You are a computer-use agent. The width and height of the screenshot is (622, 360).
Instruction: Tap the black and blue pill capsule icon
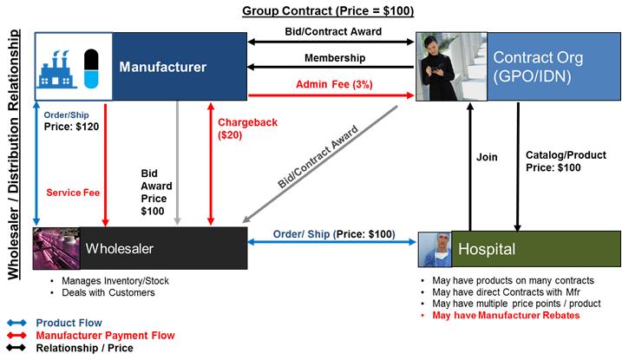point(91,69)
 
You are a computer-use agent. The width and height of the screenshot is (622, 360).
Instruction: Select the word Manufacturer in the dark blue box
point(162,67)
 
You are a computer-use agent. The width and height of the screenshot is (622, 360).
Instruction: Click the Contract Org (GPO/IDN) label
point(538,66)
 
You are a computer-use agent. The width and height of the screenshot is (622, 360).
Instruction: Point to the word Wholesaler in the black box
point(120,249)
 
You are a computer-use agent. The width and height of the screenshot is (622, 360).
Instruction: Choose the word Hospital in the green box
point(487,249)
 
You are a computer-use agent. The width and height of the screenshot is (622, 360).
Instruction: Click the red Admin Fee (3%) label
point(334,84)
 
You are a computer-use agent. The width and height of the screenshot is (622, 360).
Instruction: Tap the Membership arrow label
point(335,58)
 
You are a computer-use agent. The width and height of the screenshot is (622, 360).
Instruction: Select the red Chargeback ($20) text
point(247,128)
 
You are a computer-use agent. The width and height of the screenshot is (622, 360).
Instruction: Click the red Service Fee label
point(73,193)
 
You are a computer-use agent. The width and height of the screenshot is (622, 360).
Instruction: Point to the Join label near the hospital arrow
point(487,157)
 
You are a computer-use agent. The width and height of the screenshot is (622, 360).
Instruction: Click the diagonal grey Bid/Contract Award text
point(318,157)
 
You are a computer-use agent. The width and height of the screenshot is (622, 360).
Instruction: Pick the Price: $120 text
point(71,127)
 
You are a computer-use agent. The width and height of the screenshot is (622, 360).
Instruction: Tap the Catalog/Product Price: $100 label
point(566,161)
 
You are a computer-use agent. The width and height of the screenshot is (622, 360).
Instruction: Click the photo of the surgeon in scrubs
point(435,249)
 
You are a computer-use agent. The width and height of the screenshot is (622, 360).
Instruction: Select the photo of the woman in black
point(451,67)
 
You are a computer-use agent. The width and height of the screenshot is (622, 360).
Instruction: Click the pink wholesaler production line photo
point(56,249)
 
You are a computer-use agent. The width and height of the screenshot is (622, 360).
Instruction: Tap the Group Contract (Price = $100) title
point(328,10)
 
